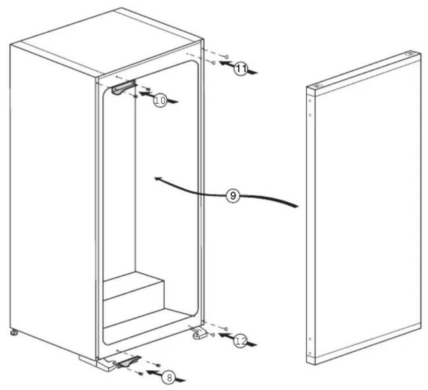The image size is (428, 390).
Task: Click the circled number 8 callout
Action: (x=169, y=378)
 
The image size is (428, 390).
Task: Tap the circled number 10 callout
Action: (x=160, y=101)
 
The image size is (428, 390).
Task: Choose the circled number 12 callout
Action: (x=241, y=341)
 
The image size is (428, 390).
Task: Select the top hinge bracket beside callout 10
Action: (x=122, y=88)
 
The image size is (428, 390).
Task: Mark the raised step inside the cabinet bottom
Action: (x=133, y=284)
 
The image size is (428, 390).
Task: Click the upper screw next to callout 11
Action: (x=226, y=56)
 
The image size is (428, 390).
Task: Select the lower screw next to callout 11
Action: (x=214, y=63)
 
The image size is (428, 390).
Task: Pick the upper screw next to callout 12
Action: (x=226, y=328)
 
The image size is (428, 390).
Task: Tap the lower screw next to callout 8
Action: (x=141, y=373)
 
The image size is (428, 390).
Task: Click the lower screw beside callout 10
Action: (x=136, y=97)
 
